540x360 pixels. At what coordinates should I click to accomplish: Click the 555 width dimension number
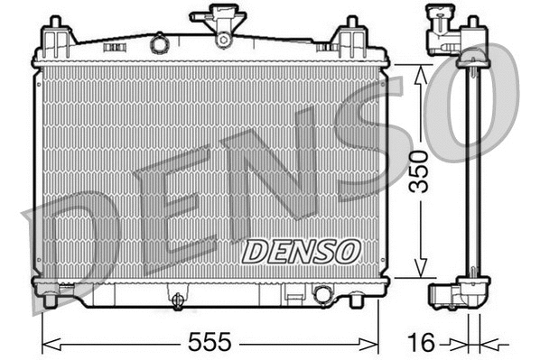click(209, 342)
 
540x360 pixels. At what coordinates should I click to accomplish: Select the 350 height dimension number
click(417, 172)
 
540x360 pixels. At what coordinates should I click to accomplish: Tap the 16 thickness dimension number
click(422, 342)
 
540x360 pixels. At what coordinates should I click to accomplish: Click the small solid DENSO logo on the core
click(302, 250)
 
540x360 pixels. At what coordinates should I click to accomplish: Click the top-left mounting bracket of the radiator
click(57, 36)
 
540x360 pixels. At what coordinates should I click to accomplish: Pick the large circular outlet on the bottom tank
click(322, 293)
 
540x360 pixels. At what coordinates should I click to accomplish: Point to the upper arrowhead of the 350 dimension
click(417, 72)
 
